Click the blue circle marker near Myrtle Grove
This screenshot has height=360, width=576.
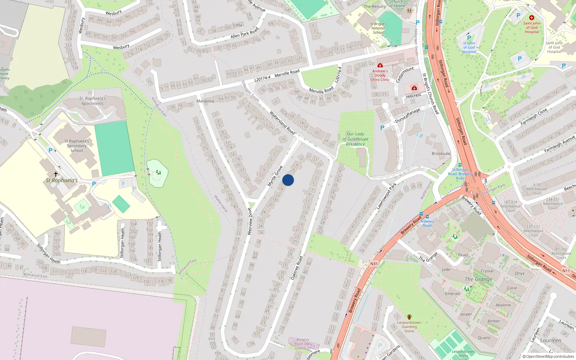pos(288,180)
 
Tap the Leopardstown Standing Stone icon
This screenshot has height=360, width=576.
pos(409,317)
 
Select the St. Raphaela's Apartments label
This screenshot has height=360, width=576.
pos(93,101)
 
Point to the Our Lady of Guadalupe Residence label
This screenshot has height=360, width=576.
pos(355,139)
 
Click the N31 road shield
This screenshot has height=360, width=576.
pos(374,264)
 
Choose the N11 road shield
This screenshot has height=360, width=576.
pos(566,271)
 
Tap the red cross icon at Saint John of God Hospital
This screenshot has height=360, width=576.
pos(531,18)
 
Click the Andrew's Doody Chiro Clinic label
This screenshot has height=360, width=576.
pos(380,75)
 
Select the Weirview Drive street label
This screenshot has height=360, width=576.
pos(250,221)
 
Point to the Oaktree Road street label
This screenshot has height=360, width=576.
pos(297,268)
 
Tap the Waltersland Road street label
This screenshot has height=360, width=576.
pos(282,123)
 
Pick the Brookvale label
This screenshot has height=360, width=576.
pos(441,154)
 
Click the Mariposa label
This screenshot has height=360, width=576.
pos(205,101)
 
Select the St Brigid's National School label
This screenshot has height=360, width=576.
pos(378,28)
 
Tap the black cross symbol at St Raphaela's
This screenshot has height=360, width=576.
pos(56,174)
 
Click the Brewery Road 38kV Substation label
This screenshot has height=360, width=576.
pos(303,344)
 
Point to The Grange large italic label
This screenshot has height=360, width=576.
pos(478,279)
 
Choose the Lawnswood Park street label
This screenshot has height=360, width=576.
pos(386,196)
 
